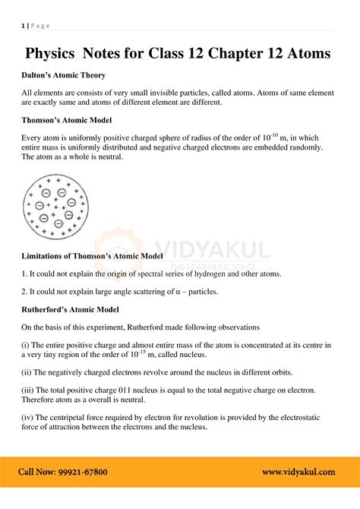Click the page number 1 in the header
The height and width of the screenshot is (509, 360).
[x=23, y=26]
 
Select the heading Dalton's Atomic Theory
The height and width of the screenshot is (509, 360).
[x=64, y=75]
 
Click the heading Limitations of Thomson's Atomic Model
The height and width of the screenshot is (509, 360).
[x=92, y=256]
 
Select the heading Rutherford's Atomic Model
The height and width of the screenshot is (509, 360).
[x=70, y=309]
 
